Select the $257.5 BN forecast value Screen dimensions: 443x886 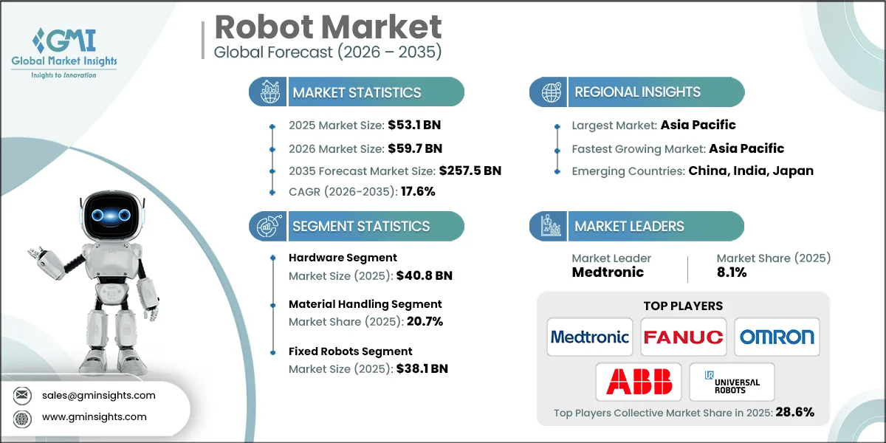click(470, 171)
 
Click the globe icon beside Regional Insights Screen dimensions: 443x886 click(550, 92)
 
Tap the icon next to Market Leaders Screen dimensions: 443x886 click(550, 226)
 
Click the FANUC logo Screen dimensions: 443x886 click(683, 337)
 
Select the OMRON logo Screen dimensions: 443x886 click(777, 337)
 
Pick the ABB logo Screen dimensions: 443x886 click(639, 382)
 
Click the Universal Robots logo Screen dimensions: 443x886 click(732, 382)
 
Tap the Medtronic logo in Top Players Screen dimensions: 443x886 click(589, 337)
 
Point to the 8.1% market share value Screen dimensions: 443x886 click(732, 272)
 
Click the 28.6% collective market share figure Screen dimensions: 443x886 click(794, 413)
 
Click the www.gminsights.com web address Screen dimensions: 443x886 click(95, 416)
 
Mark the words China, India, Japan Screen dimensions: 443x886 click(751, 171)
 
